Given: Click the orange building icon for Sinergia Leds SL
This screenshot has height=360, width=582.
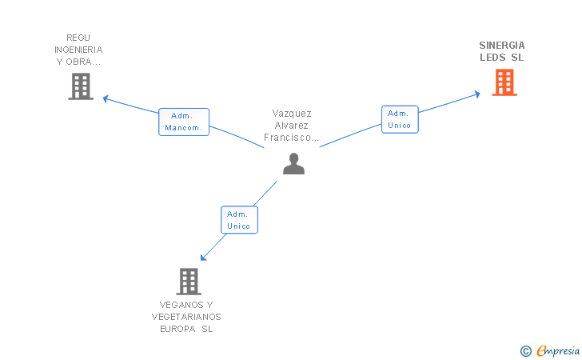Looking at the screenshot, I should (x=504, y=82).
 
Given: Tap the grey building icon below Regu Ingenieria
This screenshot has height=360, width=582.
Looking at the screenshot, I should (x=81, y=86).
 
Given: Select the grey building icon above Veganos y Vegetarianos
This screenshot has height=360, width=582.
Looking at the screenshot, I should (x=188, y=281).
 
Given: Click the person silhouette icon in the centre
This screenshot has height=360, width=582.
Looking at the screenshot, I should (x=294, y=163).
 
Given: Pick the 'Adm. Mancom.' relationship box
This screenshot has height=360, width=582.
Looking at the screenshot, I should (x=184, y=122).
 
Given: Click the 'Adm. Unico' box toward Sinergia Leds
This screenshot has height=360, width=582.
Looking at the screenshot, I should (x=400, y=119).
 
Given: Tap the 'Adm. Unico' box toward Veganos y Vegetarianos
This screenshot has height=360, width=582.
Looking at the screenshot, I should (x=239, y=219).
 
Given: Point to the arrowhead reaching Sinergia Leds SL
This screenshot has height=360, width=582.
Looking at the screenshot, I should (x=476, y=94).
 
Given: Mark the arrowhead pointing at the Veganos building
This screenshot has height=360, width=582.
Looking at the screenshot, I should (x=204, y=257).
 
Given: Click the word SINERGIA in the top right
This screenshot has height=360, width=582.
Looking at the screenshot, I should (x=502, y=46).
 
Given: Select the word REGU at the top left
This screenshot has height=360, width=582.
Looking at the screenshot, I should (x=79, y=38).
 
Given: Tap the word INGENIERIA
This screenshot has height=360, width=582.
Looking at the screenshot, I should (x=79, y=50).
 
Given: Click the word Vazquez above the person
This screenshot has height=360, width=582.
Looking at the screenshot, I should (x=292, y=114).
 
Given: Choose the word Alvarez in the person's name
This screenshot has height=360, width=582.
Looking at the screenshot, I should (x=292, y=126).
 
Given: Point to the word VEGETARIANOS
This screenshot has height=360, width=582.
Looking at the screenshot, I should (x=186, y=317).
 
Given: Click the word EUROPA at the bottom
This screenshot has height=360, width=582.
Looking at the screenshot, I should (x=177, y=329).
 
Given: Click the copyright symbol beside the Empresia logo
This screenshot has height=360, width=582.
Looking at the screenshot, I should (x=526, y=350).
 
